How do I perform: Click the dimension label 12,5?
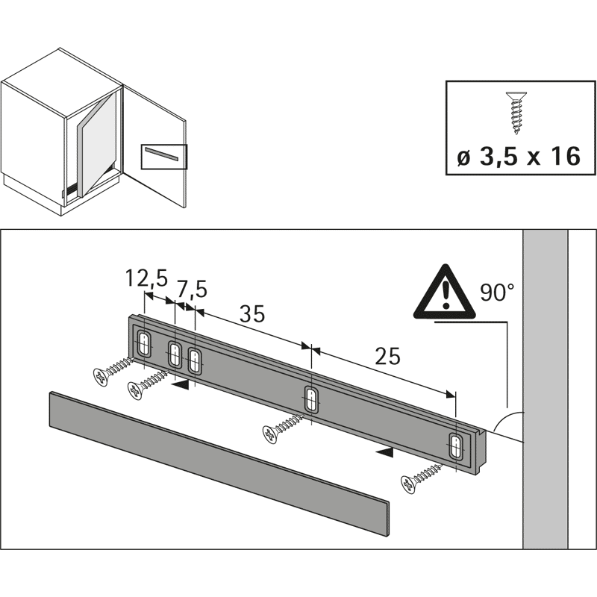coord(145,279)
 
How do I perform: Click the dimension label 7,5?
coord(190,288)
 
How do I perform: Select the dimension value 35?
coord(251,314)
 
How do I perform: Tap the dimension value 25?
coord(387,356)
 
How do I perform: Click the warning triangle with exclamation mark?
coord(445,293)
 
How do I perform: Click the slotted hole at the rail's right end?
coord(455,448)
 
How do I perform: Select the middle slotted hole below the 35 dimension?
coord(312,399)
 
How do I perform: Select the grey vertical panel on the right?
coord(545,388)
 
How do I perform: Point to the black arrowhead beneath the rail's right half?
coord(384,451)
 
